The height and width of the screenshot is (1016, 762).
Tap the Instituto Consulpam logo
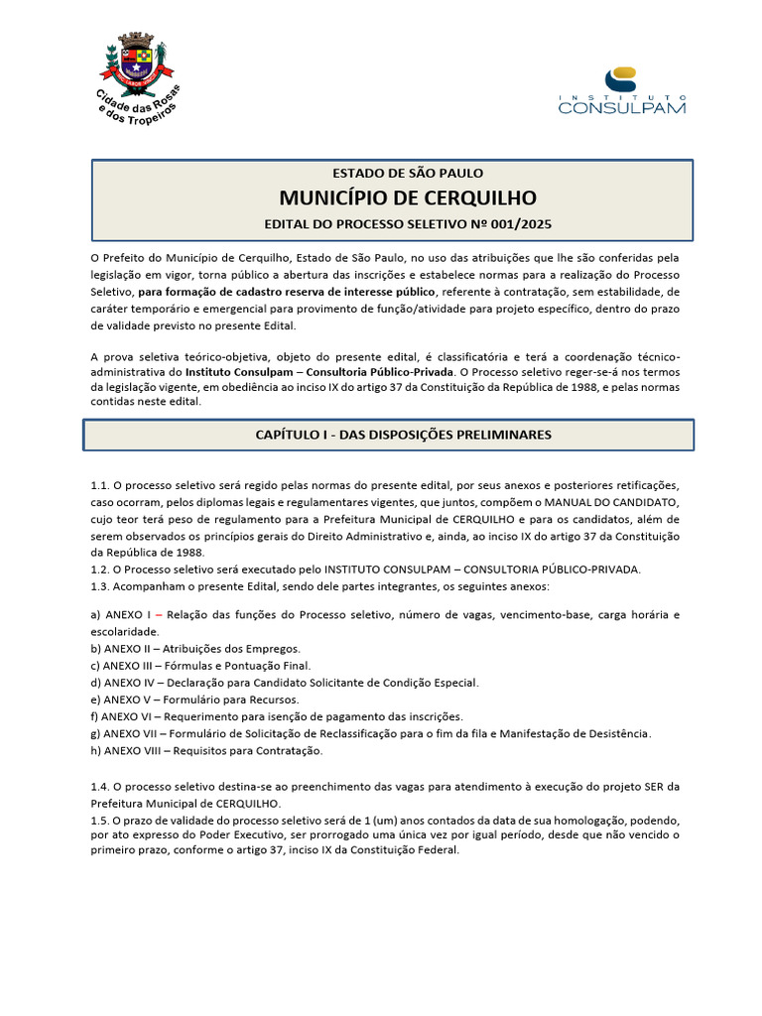click(x=622, y=90)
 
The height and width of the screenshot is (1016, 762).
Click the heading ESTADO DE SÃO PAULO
click(x=394, y=174)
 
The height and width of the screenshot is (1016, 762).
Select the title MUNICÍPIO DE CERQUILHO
click(x=394, y=196)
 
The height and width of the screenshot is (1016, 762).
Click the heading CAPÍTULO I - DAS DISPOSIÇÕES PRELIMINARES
click(x=389, y=435)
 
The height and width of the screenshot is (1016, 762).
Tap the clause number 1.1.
click(x=99, y=485)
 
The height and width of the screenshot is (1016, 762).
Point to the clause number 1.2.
click(x=99, y=569)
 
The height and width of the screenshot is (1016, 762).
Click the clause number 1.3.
click(x=99, y=585)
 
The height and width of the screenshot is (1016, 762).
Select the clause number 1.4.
click(x=99, y=787)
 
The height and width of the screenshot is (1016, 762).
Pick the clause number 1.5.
click(x=99, y=821)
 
